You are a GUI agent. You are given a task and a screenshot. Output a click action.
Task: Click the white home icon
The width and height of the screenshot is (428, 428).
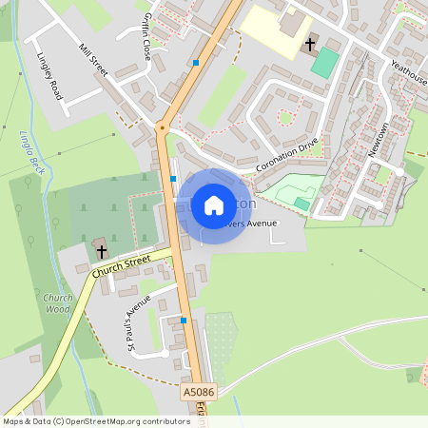point(213,204)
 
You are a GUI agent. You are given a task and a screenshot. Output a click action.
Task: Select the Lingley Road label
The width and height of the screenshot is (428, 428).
point(49,77)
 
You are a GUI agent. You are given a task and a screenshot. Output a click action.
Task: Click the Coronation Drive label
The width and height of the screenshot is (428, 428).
point(286,157)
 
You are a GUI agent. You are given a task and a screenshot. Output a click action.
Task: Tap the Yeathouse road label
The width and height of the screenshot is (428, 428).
point(408,73)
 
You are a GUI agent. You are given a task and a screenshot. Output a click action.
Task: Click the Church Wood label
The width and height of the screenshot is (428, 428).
point(58,303)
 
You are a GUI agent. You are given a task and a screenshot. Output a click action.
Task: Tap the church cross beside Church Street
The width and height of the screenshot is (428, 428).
point(101,251)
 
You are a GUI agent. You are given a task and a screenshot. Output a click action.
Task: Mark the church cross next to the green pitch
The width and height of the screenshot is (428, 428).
point(309,44)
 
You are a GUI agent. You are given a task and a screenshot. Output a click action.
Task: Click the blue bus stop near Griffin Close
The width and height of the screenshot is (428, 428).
point(196,63)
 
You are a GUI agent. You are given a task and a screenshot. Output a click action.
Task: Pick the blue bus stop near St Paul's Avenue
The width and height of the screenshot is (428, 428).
point(184,321)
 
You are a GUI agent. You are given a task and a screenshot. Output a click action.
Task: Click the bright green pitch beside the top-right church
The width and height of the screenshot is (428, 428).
point(324,63)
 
